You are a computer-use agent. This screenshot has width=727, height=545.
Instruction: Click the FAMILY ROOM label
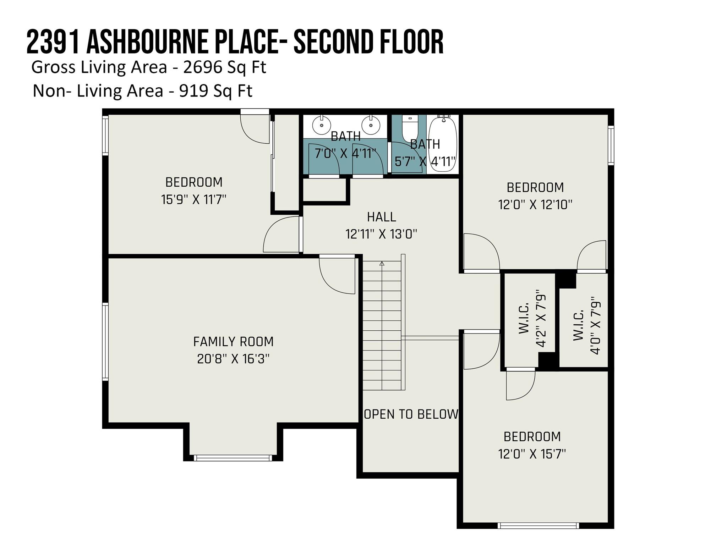click(x=234, y=342)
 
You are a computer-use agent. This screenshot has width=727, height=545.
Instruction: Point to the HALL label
click(x=382, y=217)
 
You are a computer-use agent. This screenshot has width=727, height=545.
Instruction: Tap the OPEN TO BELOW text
click(x=411, y=414)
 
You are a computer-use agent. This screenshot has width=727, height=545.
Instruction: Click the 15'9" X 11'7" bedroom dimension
click(x=194, y=199)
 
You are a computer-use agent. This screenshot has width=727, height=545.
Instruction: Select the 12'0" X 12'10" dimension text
click(x=535, y=205)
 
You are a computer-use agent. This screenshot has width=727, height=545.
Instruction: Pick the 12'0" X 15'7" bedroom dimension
click(x=532, y=454)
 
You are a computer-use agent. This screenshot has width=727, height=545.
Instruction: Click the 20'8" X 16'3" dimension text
click(x=234, y=359)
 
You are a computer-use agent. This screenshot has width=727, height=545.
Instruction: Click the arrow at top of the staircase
click(x=382, y=264)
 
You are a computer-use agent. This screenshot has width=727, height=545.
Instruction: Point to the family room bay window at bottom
click(x=233, y=458)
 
